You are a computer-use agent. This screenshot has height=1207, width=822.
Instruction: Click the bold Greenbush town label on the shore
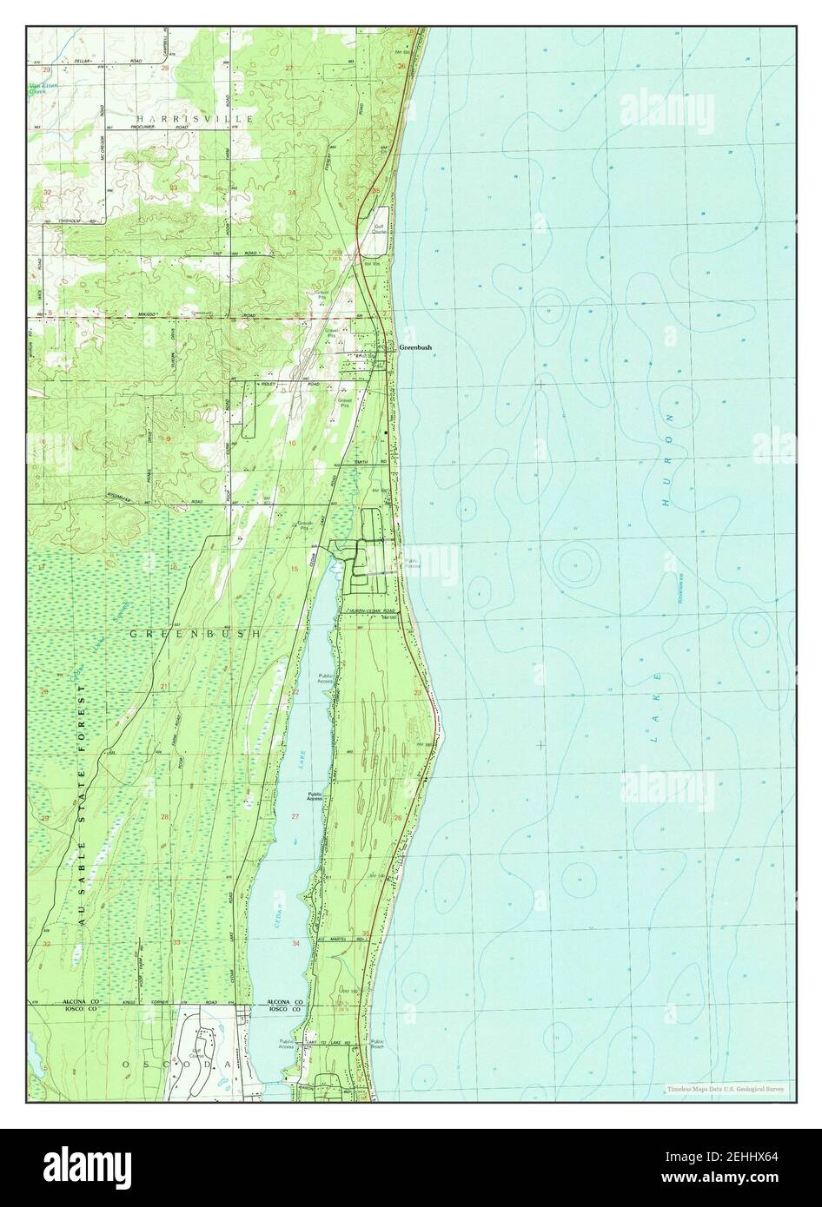coord(415,347)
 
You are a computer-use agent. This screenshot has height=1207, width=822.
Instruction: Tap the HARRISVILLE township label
coord(194,116)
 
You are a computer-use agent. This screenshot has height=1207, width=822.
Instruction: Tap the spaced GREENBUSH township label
coord(195,635)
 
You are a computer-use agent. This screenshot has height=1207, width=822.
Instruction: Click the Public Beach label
coord(377,1045)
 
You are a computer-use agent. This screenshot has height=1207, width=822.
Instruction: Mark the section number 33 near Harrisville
coord(174,188)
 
